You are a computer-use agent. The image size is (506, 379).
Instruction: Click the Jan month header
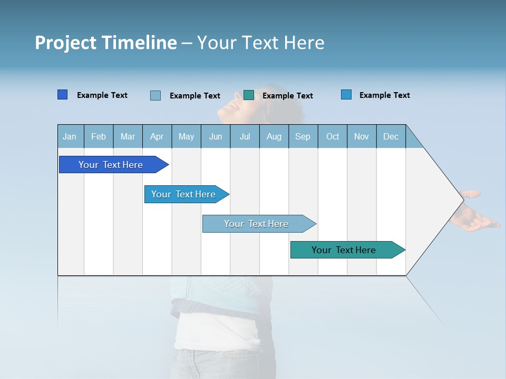[70, 136]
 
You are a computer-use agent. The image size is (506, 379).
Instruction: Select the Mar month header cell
[128, 136]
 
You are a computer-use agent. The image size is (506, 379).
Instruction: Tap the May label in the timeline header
[186, 136]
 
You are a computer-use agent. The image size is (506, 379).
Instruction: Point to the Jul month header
[245, 136]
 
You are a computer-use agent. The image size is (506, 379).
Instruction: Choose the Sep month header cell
[303, 136]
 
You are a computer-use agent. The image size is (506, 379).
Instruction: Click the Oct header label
[333, 136]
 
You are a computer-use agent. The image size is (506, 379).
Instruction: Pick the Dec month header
[391, 136]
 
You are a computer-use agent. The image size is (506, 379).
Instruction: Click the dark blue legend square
[62, 95]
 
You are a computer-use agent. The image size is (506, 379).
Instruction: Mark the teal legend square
[249, 95]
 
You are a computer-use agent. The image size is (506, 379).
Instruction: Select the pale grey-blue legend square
[155, 95]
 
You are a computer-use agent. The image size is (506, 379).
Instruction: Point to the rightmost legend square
[346, 95]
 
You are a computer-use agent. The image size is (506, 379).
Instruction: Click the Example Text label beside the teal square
[287, 96]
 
